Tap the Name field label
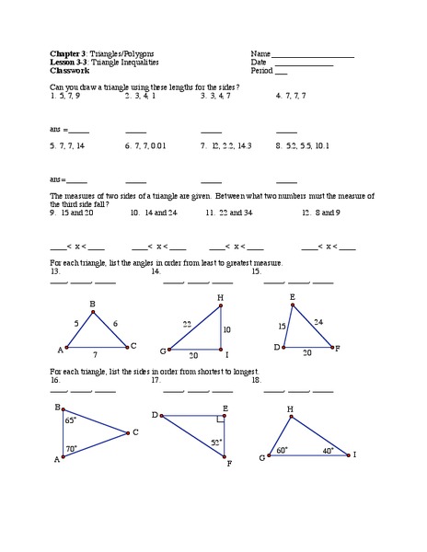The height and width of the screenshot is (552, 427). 260,53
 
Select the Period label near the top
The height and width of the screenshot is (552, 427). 261,70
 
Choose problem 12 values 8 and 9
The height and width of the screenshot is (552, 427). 320,212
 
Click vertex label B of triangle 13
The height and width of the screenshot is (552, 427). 91,303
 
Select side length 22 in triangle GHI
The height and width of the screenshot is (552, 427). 187,323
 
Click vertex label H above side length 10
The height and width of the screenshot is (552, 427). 220,297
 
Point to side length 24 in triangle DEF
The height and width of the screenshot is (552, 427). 317,321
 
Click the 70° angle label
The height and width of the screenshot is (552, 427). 71,448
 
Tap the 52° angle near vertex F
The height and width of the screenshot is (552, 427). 217,443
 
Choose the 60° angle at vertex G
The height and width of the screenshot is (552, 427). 282,449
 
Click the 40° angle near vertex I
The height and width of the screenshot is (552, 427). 329,450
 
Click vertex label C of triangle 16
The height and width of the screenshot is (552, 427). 135,431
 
